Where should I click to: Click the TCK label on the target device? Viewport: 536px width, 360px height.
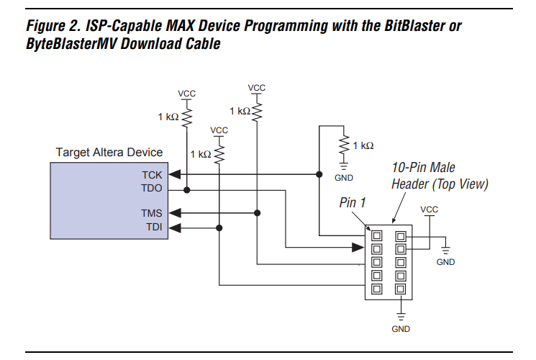[x=153, y=174]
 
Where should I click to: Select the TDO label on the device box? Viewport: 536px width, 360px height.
[x=153, y=189]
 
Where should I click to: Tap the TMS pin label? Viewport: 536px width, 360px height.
[x=153, y=213]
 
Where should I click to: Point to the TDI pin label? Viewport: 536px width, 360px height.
[x=153, y=228]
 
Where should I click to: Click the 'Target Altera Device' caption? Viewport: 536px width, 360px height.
[x=109, y=153]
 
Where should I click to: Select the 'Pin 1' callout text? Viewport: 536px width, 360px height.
[x=353, y=203]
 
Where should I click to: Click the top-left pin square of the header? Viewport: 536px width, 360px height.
[x=376, y=235]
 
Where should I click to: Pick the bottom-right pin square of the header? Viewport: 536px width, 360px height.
[x=401, y=289]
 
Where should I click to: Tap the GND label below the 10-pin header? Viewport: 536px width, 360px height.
[x=401, y=328]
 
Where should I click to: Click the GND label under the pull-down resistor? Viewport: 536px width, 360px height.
[x=344, y=177]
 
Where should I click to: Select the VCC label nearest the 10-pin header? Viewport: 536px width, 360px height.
[x=429, y=210]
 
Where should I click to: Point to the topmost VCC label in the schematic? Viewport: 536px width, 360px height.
[x=257, y=88]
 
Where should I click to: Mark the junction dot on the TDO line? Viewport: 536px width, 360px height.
[x=186, y=189]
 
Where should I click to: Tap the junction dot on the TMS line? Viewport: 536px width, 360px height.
[x=257, y=213]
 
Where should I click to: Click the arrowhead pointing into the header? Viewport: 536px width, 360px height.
[x=358, y=248]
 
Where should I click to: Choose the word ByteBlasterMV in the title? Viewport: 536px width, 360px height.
[x=70, y=44]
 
